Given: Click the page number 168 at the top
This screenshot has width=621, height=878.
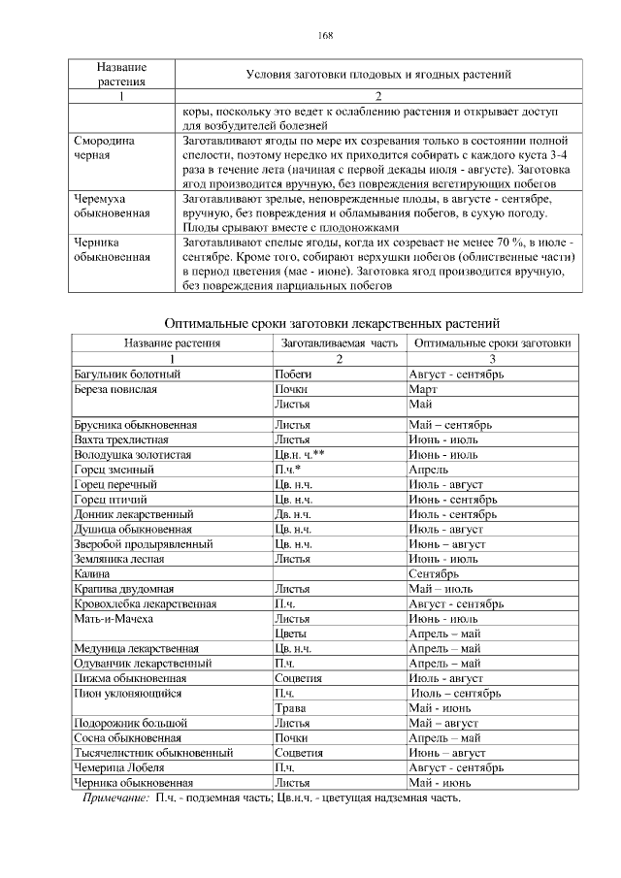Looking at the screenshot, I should (x=325, y=36).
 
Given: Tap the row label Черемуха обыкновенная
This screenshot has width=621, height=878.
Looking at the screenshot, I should (x=112, y=205).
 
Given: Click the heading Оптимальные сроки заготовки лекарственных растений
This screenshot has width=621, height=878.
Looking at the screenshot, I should (x=332, y=323).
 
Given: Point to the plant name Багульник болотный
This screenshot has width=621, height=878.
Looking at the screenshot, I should (x=127, y=373).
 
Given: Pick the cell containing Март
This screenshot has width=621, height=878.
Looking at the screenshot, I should (x=424, y=388).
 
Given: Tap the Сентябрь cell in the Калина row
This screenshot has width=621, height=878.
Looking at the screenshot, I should (x=435, y=574).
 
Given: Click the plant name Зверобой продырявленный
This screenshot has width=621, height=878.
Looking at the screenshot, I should (x=144, y=544).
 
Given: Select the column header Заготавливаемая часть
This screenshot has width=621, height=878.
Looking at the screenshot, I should (x=339, y=342).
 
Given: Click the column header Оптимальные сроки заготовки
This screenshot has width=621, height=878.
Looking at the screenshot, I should (x=492, y=342).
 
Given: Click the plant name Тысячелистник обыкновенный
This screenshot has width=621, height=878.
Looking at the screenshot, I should (x=153, y=752).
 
